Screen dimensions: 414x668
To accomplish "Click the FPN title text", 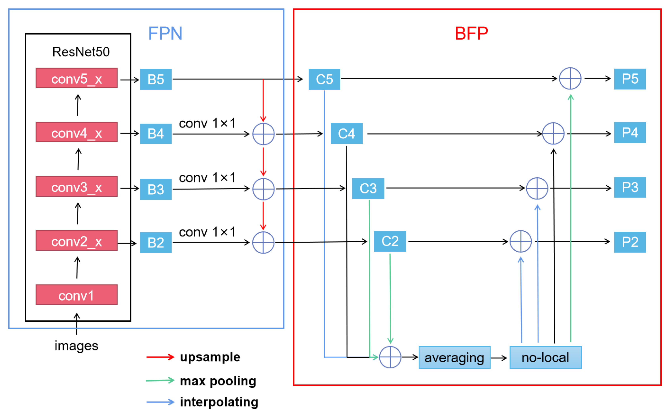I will pos(165,33).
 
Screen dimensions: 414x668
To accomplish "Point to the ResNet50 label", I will pos(81,52).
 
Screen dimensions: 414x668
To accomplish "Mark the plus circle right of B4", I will pos(263,134).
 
